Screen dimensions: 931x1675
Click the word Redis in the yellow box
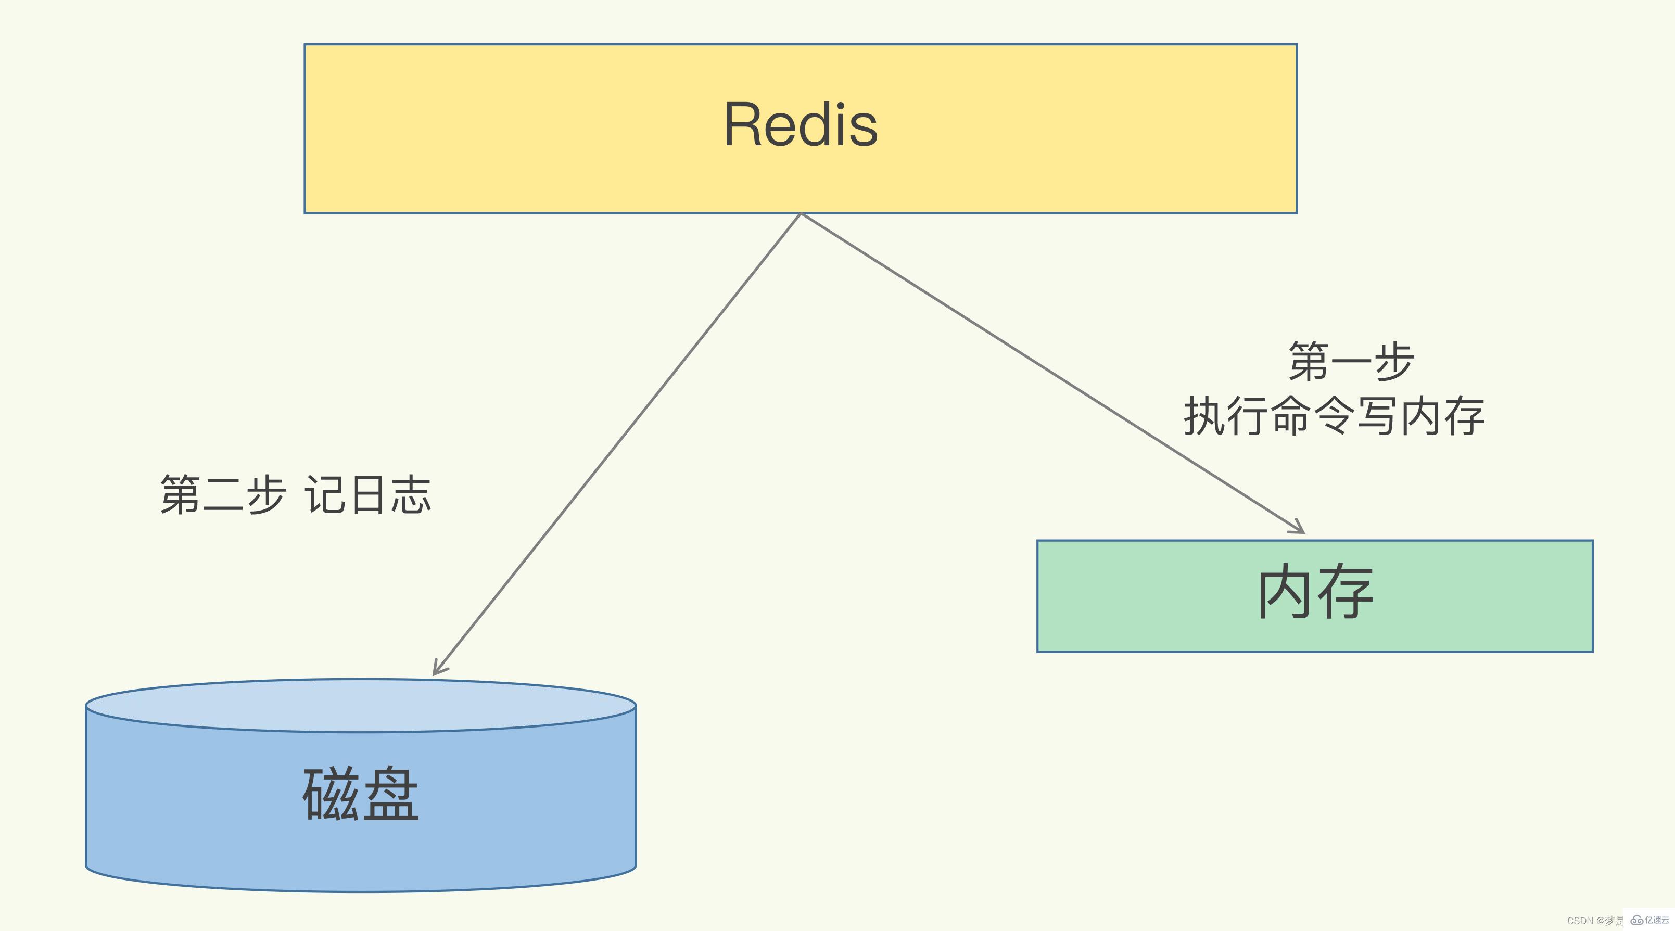click(x=801, y=125)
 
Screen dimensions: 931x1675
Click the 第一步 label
click(x=1351, y=362)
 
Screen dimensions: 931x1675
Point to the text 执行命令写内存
click(x=1334, y=416)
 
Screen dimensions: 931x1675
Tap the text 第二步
click(x=222, y=495)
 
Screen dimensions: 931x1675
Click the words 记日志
click(x=368, y=495)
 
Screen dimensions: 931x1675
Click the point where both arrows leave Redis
click(x=801, y=214)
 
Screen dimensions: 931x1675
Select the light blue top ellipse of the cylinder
click(x=360, y=705)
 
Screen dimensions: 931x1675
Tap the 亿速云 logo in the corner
click(x=1651, y=920)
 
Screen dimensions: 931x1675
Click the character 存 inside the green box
click(x=1344, y=592)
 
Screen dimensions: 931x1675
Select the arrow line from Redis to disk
click(x=618, y=445)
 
